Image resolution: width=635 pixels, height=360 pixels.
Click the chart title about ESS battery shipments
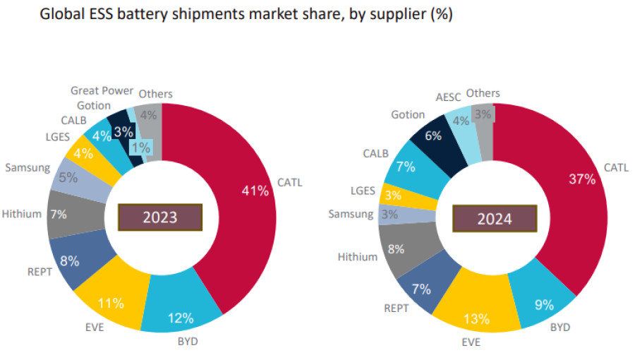[x=246, y=14]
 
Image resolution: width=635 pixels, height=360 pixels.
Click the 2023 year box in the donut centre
[x=160, y=217]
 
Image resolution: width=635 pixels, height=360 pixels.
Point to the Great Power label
[x=102, y=90]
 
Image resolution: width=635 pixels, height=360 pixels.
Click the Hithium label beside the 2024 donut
[x=358, y=257]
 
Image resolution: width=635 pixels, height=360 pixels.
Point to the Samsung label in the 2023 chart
[x=28, y=168]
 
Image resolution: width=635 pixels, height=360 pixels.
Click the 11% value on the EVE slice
[x=111, y=304]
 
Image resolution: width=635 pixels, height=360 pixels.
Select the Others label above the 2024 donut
[x=483, y=93]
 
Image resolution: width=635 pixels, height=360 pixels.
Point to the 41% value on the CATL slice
[x=254, y=191]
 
